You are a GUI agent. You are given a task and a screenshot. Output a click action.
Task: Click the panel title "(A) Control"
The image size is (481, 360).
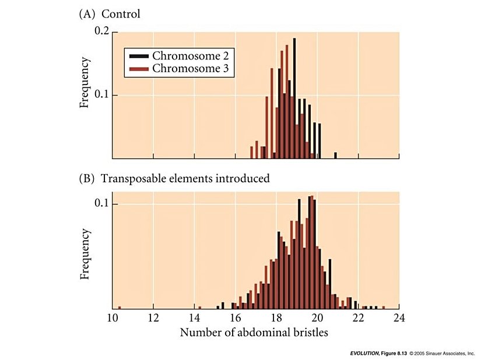click(x=110, y=14)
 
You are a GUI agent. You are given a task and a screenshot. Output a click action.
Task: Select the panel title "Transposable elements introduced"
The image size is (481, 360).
click(x=185, y=178)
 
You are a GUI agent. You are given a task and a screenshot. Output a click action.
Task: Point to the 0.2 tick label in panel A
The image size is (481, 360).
click(x=101, y=32)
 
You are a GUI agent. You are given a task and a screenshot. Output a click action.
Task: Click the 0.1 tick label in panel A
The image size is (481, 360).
click(x=101, y=95)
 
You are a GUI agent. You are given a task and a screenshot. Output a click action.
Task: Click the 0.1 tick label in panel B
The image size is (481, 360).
click(x=101, y=204)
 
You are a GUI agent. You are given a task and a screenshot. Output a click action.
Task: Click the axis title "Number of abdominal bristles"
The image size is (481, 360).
click(x=254, y=333)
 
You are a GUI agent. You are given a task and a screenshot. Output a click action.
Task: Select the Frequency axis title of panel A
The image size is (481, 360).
click(x=85, y=82)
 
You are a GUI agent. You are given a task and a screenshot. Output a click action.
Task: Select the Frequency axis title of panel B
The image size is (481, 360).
click(x=85, y=253)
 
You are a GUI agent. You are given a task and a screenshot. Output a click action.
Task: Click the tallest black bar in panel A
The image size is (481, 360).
click(x=295, y=99)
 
